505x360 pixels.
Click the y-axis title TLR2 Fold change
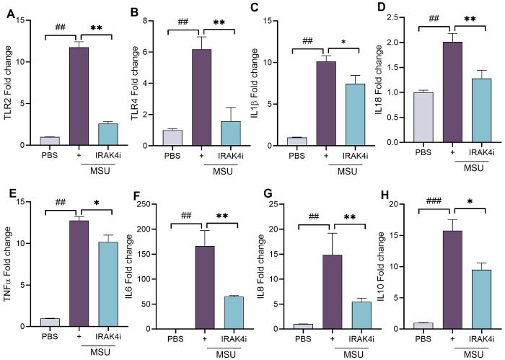click(x=8, y=81)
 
